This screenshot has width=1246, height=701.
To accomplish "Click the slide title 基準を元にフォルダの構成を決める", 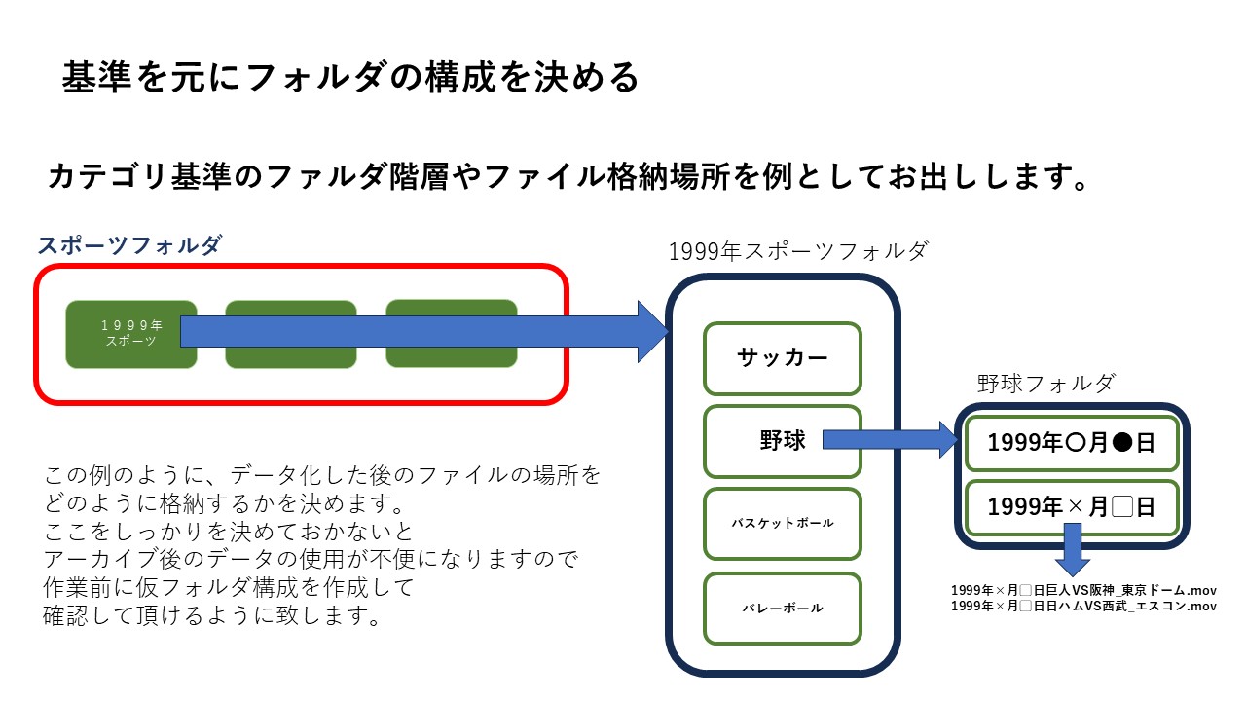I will point(350,77).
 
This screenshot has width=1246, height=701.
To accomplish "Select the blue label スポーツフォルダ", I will point(129,245).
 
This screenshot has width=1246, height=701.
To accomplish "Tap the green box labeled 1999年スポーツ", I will point(130,334).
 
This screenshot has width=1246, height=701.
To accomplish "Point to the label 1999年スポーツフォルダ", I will point(798,251).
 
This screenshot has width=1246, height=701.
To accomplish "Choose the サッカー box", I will point(783,358).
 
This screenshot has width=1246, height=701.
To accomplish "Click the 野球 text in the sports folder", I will point(783,441).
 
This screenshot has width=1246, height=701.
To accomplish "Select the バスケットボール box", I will point(783,524).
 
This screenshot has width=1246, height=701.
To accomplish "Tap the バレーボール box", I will point(783,609).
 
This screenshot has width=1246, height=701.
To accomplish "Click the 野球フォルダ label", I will point(1045,384).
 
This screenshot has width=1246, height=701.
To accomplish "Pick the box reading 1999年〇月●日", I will point(1072,444).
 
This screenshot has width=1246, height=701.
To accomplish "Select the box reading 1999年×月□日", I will point(1072,507).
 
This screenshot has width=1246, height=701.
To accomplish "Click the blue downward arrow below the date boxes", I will point(1072,551).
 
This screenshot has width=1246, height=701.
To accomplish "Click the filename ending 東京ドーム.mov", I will point(1083,590).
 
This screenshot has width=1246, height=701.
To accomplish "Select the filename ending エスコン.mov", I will point(1083,606).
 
